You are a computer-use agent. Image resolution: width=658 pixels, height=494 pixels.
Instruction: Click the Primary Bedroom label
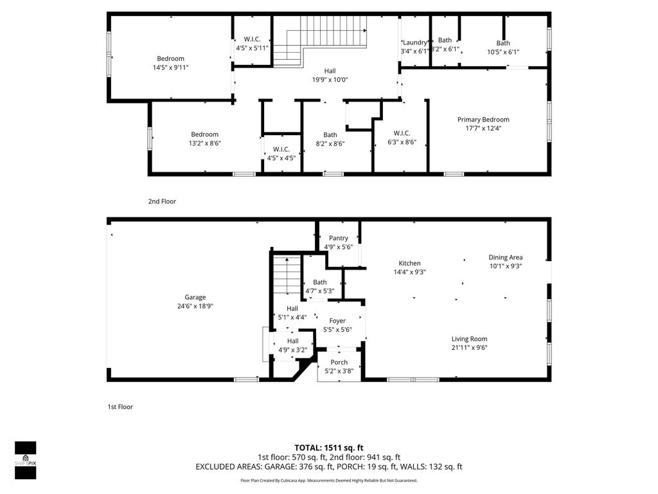coord(483,120)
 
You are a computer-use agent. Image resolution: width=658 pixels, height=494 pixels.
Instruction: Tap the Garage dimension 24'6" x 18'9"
coord(195,306)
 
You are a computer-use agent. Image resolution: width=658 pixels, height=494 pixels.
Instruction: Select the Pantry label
coord(338,238)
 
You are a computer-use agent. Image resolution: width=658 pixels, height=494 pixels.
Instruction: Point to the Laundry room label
coord(414,42)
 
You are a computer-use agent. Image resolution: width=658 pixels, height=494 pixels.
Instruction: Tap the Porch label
coord(339,362)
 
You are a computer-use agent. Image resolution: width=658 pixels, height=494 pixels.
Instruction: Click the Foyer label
coord(337,321)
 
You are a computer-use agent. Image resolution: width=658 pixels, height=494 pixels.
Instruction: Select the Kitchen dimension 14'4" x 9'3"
coord(409,272)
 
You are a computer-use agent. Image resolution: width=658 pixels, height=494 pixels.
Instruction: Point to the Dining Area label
coord(505,257)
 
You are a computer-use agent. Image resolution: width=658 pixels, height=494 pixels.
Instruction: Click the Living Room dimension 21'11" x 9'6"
coord(469,348)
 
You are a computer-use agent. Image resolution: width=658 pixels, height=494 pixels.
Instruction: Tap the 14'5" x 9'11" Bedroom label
coord(170,59)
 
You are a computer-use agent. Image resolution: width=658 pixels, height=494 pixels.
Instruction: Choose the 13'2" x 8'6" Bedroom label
coord(204,134)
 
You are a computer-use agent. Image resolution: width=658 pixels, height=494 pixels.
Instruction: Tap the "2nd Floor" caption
coord(162,201)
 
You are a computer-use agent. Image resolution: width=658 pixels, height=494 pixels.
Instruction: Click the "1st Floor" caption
coord(120,407)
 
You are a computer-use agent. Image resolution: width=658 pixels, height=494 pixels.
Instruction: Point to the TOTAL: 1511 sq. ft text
coord(329,447)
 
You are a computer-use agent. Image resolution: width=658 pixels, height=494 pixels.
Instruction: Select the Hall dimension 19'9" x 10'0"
coord(330,80)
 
